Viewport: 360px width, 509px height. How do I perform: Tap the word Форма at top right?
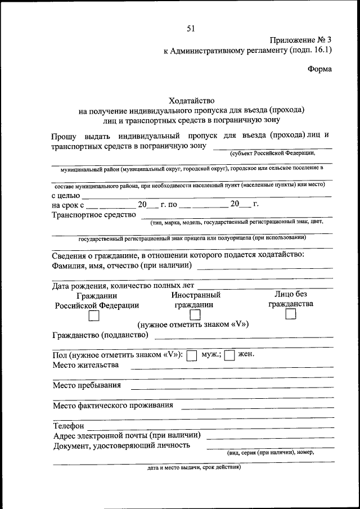319,69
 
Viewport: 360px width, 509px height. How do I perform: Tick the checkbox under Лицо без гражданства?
291,315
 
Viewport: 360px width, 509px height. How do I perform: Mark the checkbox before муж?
191,355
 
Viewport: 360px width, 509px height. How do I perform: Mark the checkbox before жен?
229,355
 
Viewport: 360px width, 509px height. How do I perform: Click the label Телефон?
69,426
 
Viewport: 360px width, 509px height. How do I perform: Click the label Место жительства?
85,365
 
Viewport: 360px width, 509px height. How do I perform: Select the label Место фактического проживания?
112,405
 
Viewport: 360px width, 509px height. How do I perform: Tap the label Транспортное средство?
94,214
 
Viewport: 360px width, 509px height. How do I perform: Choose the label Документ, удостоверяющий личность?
121,445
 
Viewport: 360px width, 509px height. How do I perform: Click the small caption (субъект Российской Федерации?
272,153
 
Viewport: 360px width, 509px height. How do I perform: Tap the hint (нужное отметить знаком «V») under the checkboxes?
193,325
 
